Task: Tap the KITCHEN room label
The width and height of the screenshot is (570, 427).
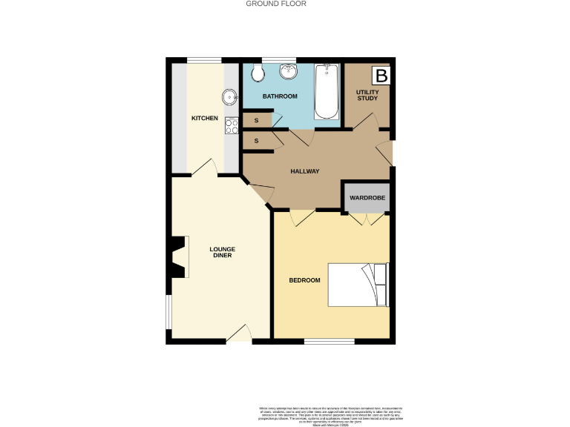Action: coord(204,119)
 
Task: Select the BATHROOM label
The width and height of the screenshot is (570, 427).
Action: coord(281,96)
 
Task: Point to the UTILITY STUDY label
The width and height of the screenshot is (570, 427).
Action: coord(367,96)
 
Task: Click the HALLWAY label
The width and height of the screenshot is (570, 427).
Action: coord(304,171)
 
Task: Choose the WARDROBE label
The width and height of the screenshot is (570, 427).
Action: coord(367,198)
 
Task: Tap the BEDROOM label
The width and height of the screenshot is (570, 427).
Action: coord(304,280)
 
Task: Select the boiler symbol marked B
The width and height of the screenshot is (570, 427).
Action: coord(381,76)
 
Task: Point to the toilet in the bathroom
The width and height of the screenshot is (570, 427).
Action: coord(257,73)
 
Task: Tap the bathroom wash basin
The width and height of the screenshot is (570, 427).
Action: coord(287,72)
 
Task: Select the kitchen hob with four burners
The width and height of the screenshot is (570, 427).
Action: coord(231,126)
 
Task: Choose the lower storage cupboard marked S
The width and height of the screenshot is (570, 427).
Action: coord(257,140)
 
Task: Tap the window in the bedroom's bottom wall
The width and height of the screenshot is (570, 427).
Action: coord(329,341)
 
